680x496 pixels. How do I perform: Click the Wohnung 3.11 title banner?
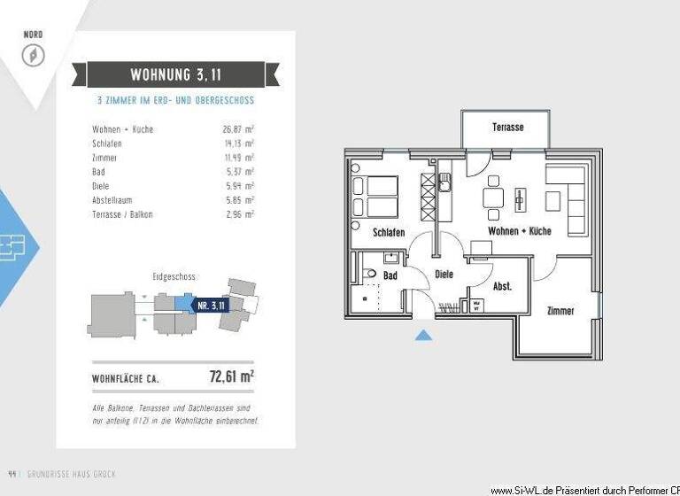pyautogui.click(x=176, y=74)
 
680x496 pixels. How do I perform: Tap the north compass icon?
pyautogui.click(x=33, y=56)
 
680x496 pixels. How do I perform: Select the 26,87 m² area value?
pyautogui.click(x=238, y=129)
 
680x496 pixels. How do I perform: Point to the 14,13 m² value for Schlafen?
pyautogui.click(x=238, y=143)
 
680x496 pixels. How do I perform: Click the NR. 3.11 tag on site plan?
pyautogui.click(x=210, y=305)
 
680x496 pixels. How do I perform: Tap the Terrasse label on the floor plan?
pyautogui.click(x=507, y=128)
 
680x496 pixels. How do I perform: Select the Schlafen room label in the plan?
pyautogui.click(x=389, y=232)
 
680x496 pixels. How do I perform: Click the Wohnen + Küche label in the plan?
pyautogui.click(x=520, y=231)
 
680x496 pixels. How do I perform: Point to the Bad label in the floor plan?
pyautogui.click(x=390, y=276)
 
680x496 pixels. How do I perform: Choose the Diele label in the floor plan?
pyautogui.click(x=444, y=275)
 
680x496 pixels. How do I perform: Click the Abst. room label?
pyautogui.click(x=502, y=286)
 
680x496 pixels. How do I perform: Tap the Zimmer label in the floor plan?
pyautogui.click(x=560, y=311)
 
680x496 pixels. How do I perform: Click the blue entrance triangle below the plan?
pyautogui.click(x=423, y=334)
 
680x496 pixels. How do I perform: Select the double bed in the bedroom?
pyautogui.click(x=375, y=196)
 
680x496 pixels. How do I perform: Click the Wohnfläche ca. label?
pyautogui.click(x=127, y=379)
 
